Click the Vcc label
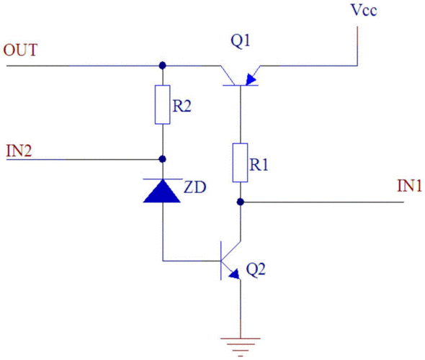pyautogui.click(x=364, y=10)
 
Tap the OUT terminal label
pyautogui.click(x=20, y=50)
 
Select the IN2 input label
pyautogui.click(x=19, y=151)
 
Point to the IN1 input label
pyautogui.click(x=409, y=186)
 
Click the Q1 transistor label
pyautogui.click(x=240, y=41)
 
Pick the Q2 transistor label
pyautogui.click(x=256, y=270)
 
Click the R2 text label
pyautogui.click(x=182, y=106)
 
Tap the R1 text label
pyautogui.click(x=259, y=165)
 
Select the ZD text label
pyautogui.click(x=195, y=187)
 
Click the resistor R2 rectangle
pyautogui.click(x=162, y=104)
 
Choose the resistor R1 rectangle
pyautogui.click(x=240, y=163)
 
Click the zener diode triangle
pyautogui.click(x=162, y=192)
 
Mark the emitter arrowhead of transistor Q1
pyautogui.click(x=251, y=80)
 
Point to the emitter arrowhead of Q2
pyautogui.click(x=234, y=274)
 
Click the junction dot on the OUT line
pyautogui.click(x=162, y=66)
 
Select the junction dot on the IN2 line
pyautogui.click(x=162, y=159)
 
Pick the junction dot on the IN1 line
pyautogui.click(x=241, y=202)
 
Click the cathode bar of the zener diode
pyautogui.click(x=163, y=179)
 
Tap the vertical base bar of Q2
pyautogui.click(x=221, y=261)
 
